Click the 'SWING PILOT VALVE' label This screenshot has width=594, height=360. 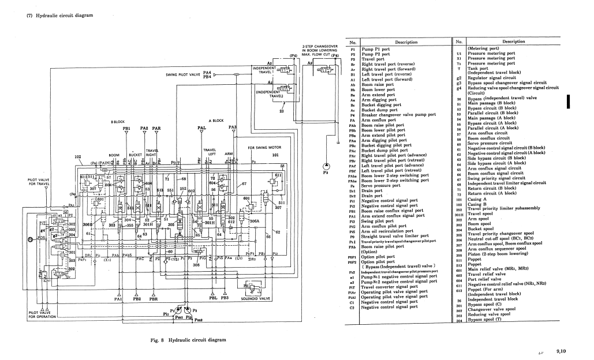tap(182, 74)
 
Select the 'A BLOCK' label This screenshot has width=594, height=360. tap(215, 121)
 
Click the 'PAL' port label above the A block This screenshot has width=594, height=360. tap(201, 128)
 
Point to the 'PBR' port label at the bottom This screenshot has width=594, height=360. tap(154, 299)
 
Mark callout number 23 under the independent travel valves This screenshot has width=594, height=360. tap(281, 111)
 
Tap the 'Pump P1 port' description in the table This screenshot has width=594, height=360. tap(379, 49)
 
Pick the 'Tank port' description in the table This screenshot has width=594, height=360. tap(478, 68)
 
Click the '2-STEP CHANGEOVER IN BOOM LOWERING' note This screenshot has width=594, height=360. tap(320, 48)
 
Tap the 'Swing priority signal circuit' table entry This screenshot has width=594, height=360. tap(500, 178)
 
